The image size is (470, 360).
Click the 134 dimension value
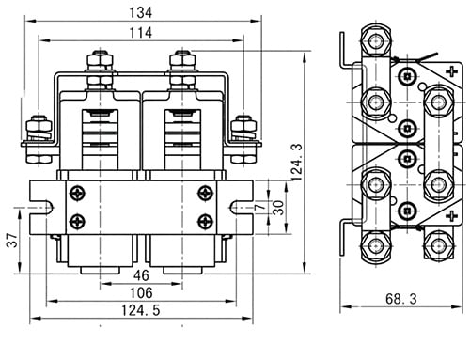click(141, 12)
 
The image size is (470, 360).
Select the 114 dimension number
click(141, 33)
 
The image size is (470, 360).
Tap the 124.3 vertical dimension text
click(296, 162)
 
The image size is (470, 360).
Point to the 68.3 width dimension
click(401, 299)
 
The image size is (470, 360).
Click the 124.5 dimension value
click(141, 310)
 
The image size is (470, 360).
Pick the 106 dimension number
click(141, 292)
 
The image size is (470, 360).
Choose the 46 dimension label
click(141, 275)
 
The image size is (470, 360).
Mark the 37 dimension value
click(12, 241)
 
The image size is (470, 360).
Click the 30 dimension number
click(278, 208)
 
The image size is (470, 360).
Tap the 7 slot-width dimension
click(260, 207)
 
